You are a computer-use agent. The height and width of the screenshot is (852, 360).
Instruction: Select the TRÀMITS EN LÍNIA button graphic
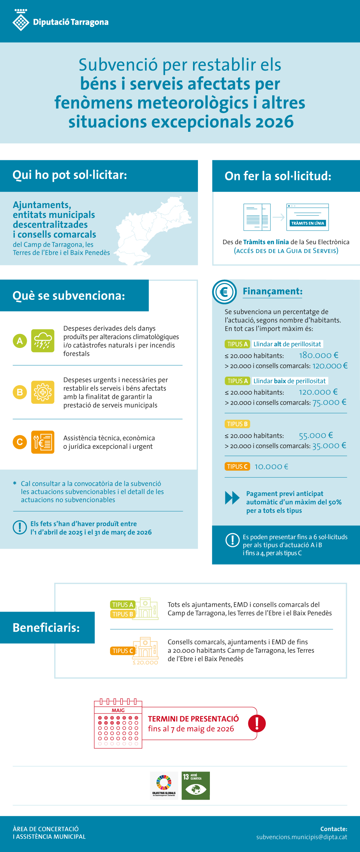(308, 223)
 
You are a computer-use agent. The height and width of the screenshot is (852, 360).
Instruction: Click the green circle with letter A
(20, 341)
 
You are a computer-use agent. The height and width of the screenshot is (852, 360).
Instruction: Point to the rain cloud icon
(43, 341)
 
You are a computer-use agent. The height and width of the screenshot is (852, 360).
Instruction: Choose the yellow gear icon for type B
(43, 392)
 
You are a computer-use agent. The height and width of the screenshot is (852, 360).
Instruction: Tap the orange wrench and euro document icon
(43, 442)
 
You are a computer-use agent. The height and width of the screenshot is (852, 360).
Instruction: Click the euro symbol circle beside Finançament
(224, 292)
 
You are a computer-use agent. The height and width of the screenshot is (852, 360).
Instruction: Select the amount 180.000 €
(319, 355)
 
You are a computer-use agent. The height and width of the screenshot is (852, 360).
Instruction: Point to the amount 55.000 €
(316, 435)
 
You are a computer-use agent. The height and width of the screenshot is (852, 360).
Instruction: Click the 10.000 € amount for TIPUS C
(271, 466)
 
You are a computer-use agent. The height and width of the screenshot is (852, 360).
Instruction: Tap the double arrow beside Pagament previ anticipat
(232, 498)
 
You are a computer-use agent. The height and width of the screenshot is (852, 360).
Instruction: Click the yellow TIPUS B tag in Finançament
(237, 424)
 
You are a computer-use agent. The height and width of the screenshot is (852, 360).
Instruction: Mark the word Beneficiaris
(46, 627)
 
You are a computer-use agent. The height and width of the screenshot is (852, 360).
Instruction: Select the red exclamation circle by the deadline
(257, 723)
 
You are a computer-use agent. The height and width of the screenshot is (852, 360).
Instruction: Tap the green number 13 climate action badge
(196, 786)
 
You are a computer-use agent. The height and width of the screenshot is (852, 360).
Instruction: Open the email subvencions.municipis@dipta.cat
(302, 837)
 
